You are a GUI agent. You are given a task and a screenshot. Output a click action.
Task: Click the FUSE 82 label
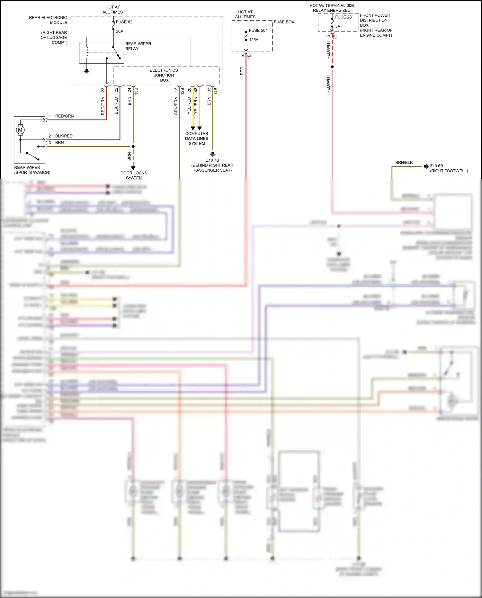pyautogui.click(x=124, y=22)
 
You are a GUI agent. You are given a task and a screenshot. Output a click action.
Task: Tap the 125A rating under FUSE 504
pyautogui.click(x=254, y=40)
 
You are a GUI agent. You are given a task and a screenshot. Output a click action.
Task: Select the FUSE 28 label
pyautogui.click(x=343, y=17)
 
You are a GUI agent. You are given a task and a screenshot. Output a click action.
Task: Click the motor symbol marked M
pyautogui.click(x=20, y=130)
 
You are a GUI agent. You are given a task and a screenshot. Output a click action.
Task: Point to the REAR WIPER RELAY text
pyautogui.click(x=138, y=46)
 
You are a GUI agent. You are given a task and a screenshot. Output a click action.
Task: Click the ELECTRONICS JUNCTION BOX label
pyautogui.click(x=164, y=75)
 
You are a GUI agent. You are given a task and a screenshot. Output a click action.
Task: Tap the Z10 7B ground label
pyautogui.click(x=212, y=160)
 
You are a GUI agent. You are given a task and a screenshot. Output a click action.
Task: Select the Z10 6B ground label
pyautogui.click(x=436, y=166)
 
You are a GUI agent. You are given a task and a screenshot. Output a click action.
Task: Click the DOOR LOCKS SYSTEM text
pyautogui.click(x=134, y=175)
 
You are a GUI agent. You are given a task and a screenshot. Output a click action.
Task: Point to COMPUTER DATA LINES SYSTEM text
pyautogui.click(x=197, y=138)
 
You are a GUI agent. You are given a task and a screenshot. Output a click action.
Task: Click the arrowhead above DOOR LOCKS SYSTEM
pyautogui.click(x=133, y=168)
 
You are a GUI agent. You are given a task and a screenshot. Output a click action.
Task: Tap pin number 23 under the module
pyautogui.click(x=103, y=90)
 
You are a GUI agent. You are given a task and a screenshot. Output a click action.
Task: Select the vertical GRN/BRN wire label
pyautogui.click(x=176, y=106)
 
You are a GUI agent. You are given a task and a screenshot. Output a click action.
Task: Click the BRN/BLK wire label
pyautogui.click(x=404, y=163)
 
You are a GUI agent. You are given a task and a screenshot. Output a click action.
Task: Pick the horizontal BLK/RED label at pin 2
pyautogui.click(x=64, y=136)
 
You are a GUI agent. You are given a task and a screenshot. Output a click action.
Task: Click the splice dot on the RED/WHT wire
pyautogui.click(x=332, y=67)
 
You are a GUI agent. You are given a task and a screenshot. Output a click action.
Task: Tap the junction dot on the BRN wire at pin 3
pyautogui.click(x=133, y=146)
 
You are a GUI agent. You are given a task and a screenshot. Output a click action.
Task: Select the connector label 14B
pyautogui.click(x=216, y=91)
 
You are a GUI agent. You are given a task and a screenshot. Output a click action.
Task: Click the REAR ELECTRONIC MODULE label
pyautogui.click(x=48, y=20)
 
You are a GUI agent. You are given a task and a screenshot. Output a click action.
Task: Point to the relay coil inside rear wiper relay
pyautogui.click(x=87, y=53)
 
